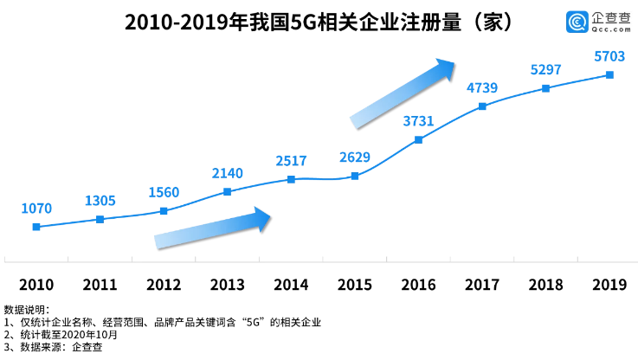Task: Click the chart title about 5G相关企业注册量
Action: click(x=319, y=22)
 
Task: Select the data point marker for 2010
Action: click(x=36, y=227)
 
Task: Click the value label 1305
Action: click(x=100, y=201)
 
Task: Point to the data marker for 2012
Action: click(x=164, y=210)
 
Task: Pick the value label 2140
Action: click(x=227, y=173)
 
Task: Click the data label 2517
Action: click(x=291, y=161)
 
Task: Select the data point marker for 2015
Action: click(x=355, y=177)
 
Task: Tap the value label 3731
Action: click(x=418, y=121)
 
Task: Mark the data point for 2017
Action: click(x=482, y=106)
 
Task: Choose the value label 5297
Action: click(x=545, y=69)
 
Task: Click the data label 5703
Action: click(x=609, y=56)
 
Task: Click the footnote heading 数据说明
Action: click(x=27, y=309)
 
